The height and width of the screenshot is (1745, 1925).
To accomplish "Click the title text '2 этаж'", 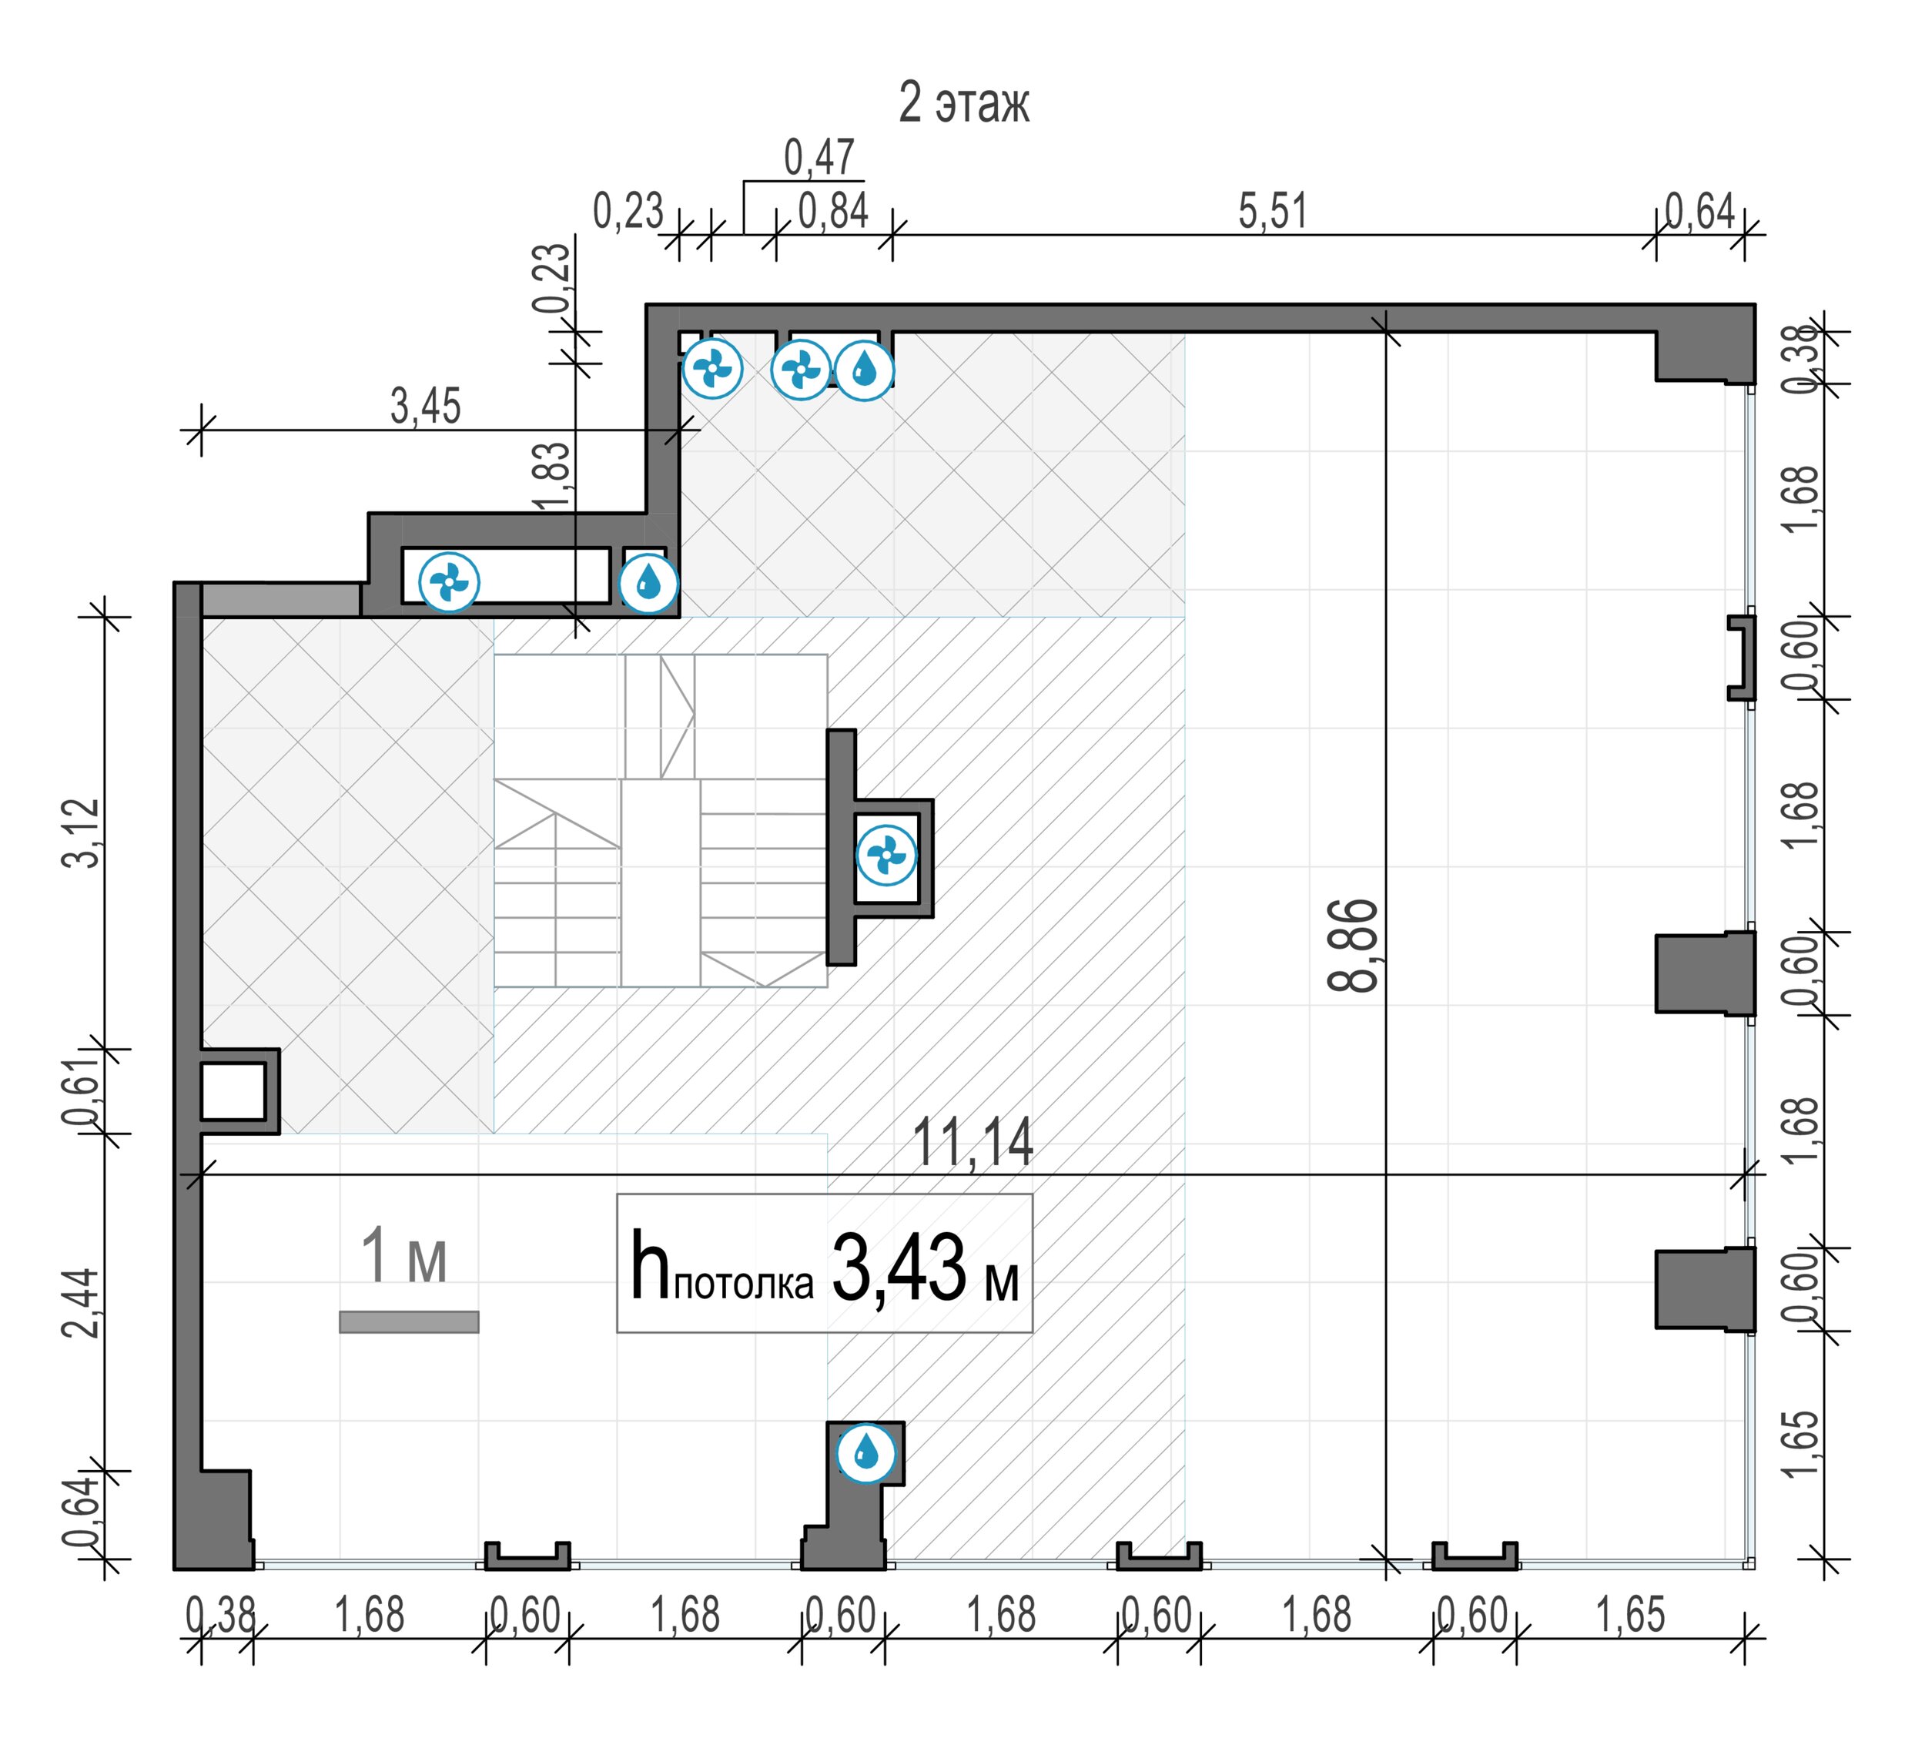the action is (x=963, y=102).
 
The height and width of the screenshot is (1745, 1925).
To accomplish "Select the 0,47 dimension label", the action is (x=819, y=158).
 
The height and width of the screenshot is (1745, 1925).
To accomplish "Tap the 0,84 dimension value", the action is (x=832, y=211).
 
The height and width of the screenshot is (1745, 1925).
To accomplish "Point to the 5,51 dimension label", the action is (x=1272, y=211).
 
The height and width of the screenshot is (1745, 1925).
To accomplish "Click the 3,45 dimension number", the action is (x=425, y=406).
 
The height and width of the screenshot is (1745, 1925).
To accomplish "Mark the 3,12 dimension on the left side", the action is (x=80, y=833).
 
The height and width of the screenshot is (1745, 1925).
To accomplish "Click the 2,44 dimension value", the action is (x=80, y=1303).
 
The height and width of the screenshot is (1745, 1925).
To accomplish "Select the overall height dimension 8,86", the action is (x=1353, y=946).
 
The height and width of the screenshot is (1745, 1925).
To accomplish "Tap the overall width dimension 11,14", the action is (x=973, y=1142).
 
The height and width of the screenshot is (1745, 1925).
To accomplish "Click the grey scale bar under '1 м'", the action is (x=409, y=1322).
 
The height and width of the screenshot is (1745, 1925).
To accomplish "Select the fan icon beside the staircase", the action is (x=886, y=855).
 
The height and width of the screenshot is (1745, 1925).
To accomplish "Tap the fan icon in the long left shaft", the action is (x=449, y=581).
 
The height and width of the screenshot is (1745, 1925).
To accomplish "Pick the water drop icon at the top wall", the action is (x=864, y=370).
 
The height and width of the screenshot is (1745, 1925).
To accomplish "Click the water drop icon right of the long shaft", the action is (x=648, y=581).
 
